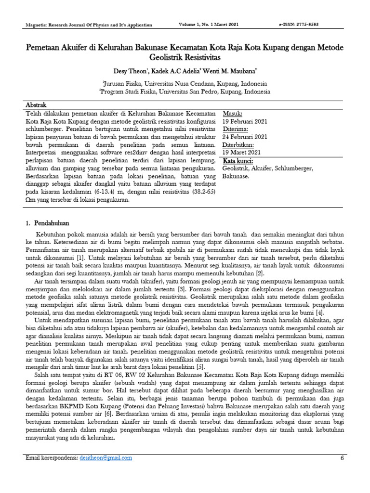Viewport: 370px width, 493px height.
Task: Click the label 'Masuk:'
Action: pyautogui.click(x=234, y=114)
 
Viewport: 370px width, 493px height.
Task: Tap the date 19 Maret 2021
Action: pyautogui.click(x=243, y=152)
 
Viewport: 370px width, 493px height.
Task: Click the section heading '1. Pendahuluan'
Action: pyautogui.click(x=48, y=223)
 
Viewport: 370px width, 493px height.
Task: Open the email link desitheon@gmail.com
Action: pyautogui.click(x=105, y=458)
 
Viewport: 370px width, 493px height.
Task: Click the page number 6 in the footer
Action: pyautogui.click(x=342, y=458)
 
